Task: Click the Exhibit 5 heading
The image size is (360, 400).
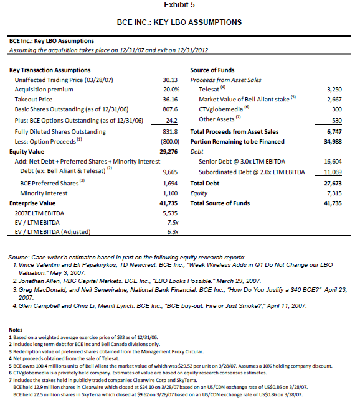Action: point(179,5)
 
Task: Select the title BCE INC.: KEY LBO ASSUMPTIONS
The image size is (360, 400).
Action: point(179,22)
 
